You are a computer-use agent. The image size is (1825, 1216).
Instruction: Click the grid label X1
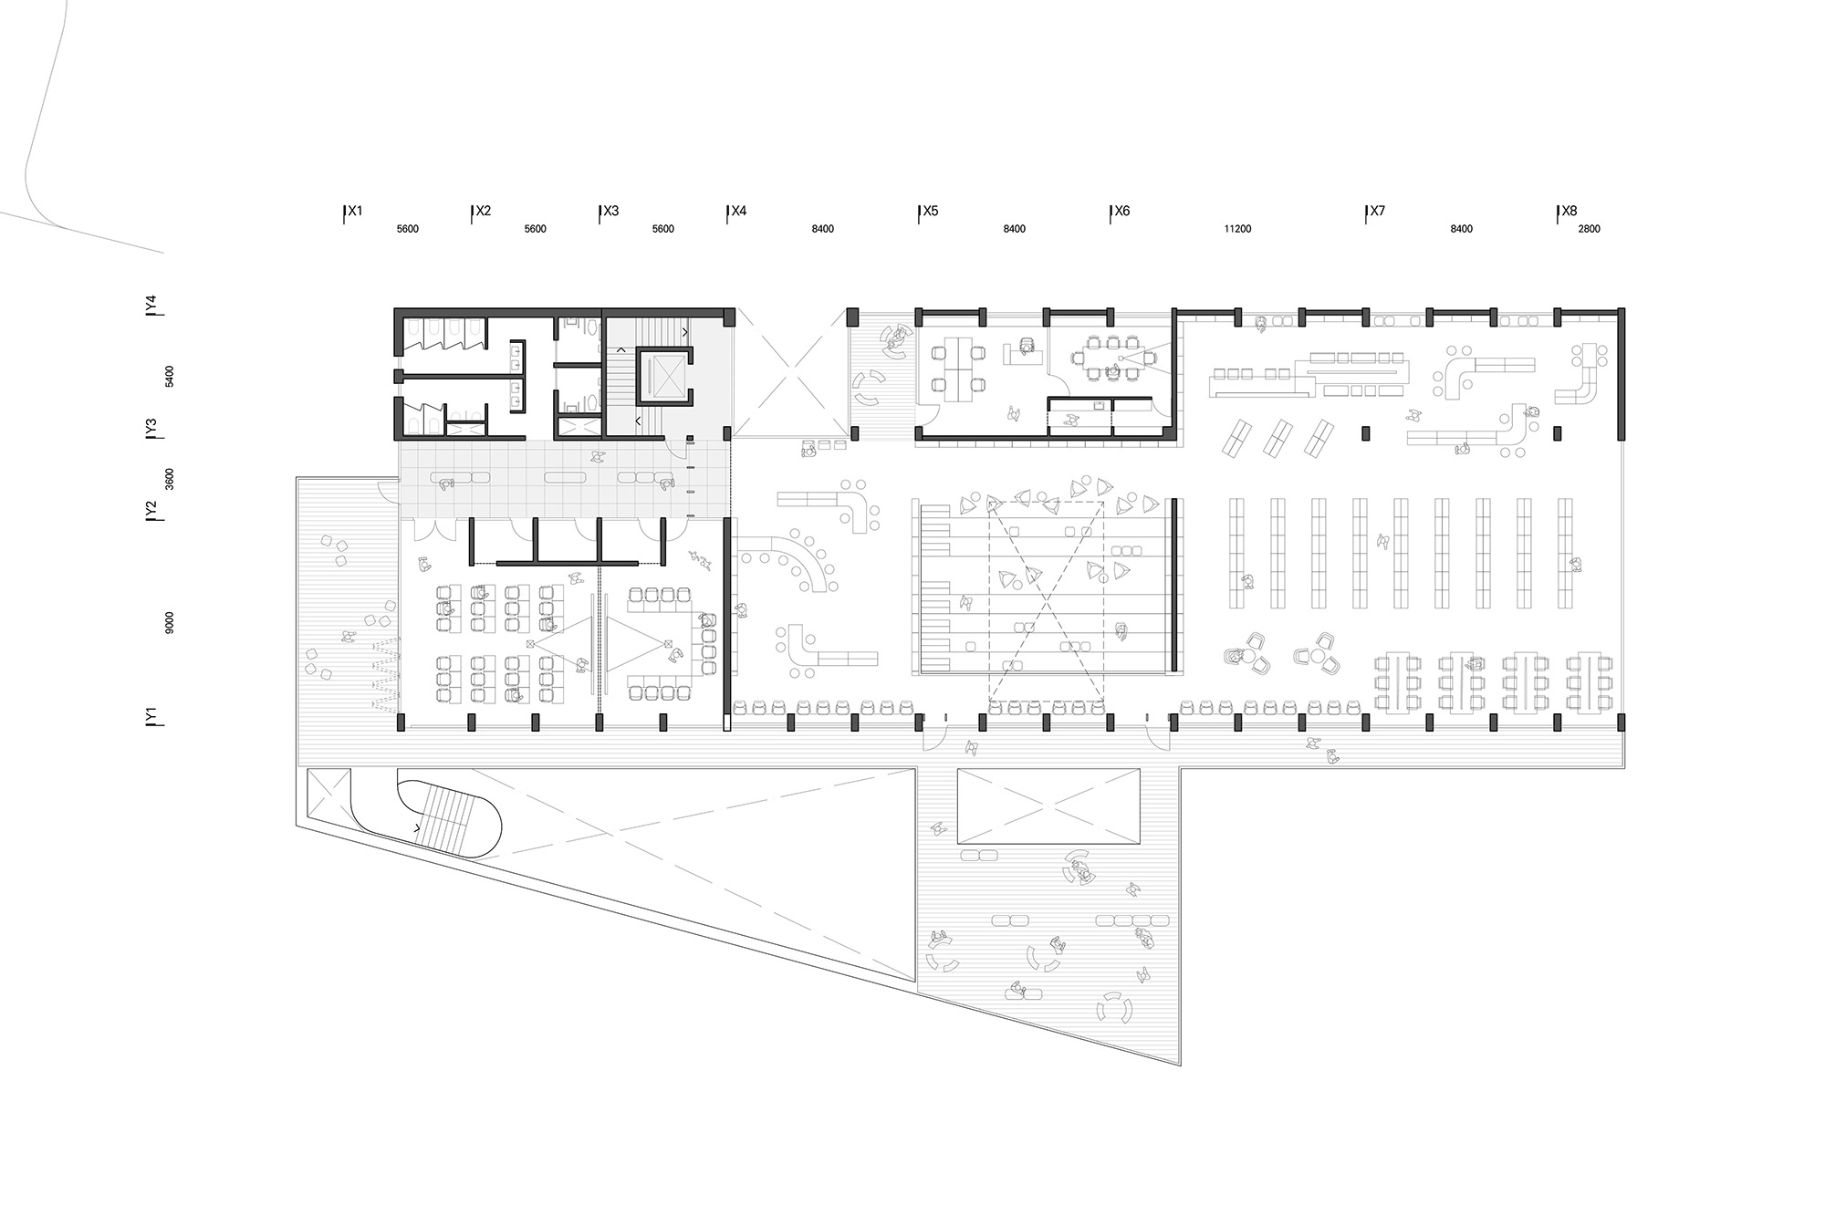pos(355,211)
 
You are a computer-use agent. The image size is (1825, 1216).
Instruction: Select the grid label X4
pos(738,211)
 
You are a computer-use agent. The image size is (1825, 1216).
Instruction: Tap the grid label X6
pos(1121,211)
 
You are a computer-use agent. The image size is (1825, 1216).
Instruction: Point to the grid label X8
pos(1569,211)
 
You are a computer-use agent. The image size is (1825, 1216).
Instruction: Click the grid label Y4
pos(151,302)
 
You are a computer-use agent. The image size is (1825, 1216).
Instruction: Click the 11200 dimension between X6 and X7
pos(1237,229)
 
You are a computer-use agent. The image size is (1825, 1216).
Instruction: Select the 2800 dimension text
pos(1589,229)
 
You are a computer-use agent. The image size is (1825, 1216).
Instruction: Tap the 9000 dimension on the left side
pos(170,623)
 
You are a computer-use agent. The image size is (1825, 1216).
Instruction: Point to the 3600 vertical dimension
pos(170,479)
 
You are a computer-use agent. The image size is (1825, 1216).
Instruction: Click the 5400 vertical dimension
pos(170,376)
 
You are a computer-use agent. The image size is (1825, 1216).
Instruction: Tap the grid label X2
pos(483,211)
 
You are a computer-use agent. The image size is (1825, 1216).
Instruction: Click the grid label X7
pos(1377,211)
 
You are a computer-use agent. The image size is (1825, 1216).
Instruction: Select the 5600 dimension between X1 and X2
pos(407,229)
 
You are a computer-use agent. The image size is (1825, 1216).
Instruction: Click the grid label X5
pos(930,211)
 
